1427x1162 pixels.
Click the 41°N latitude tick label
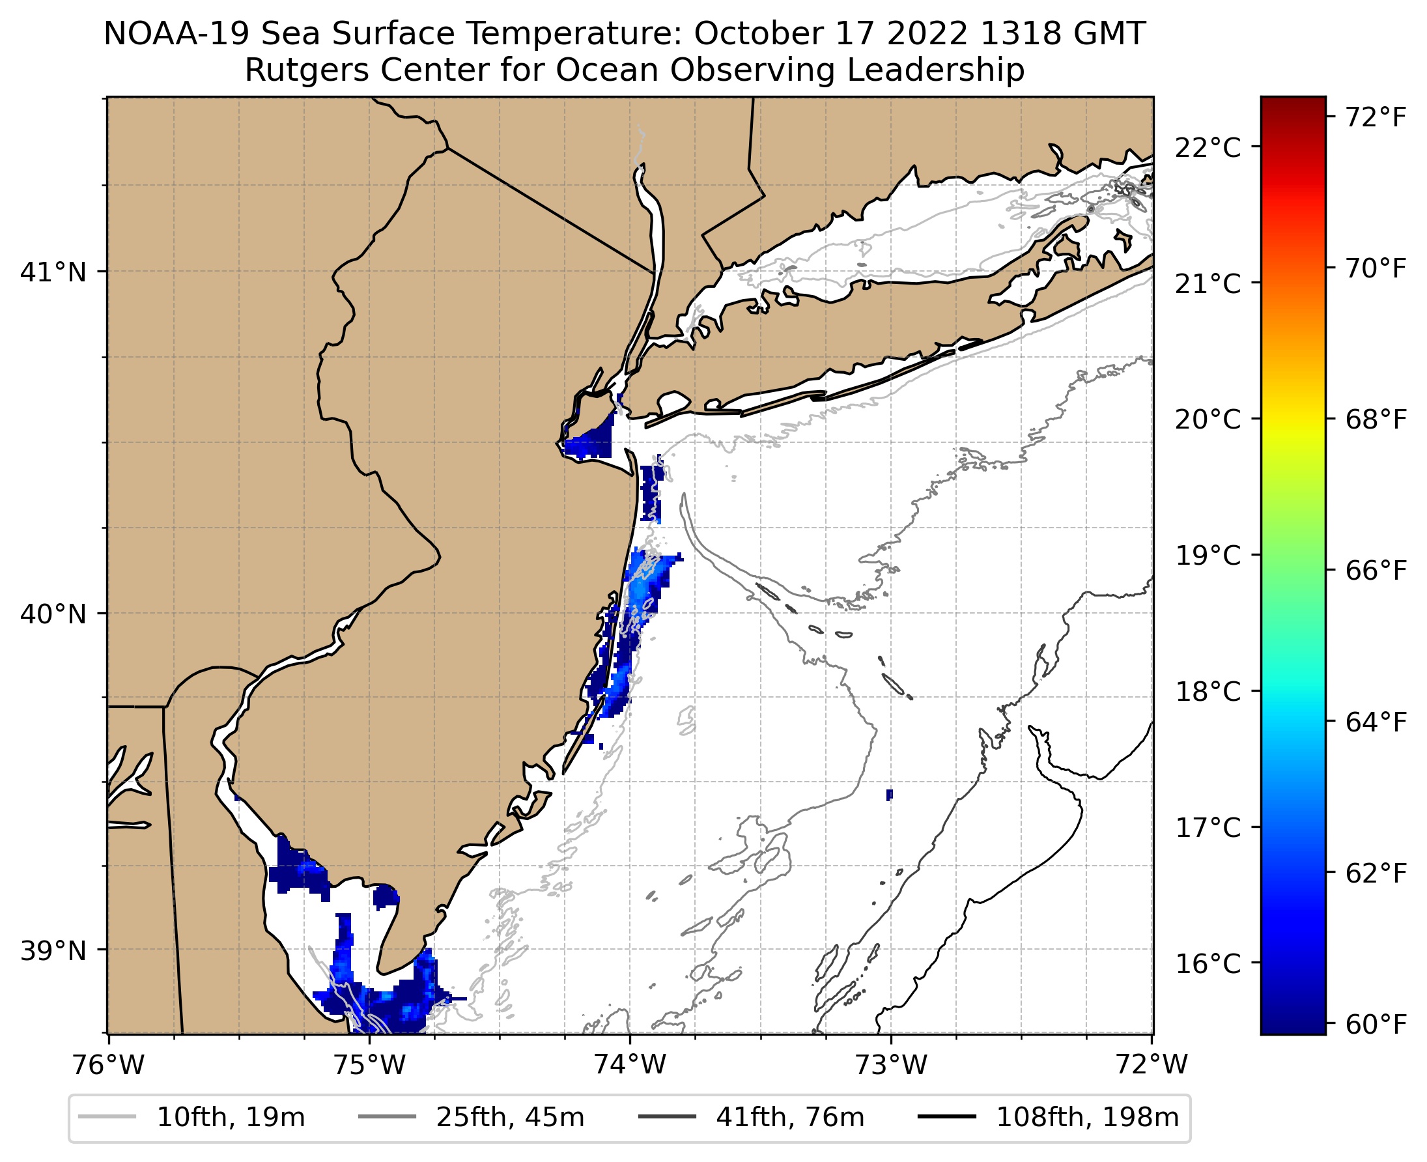53,272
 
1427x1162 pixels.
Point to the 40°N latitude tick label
53,614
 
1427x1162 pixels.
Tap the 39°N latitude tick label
53,950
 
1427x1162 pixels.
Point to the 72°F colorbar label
1376,117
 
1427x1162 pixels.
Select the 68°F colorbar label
1376,419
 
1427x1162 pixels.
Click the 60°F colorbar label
1376,1025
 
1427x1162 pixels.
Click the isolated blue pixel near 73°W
889,795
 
